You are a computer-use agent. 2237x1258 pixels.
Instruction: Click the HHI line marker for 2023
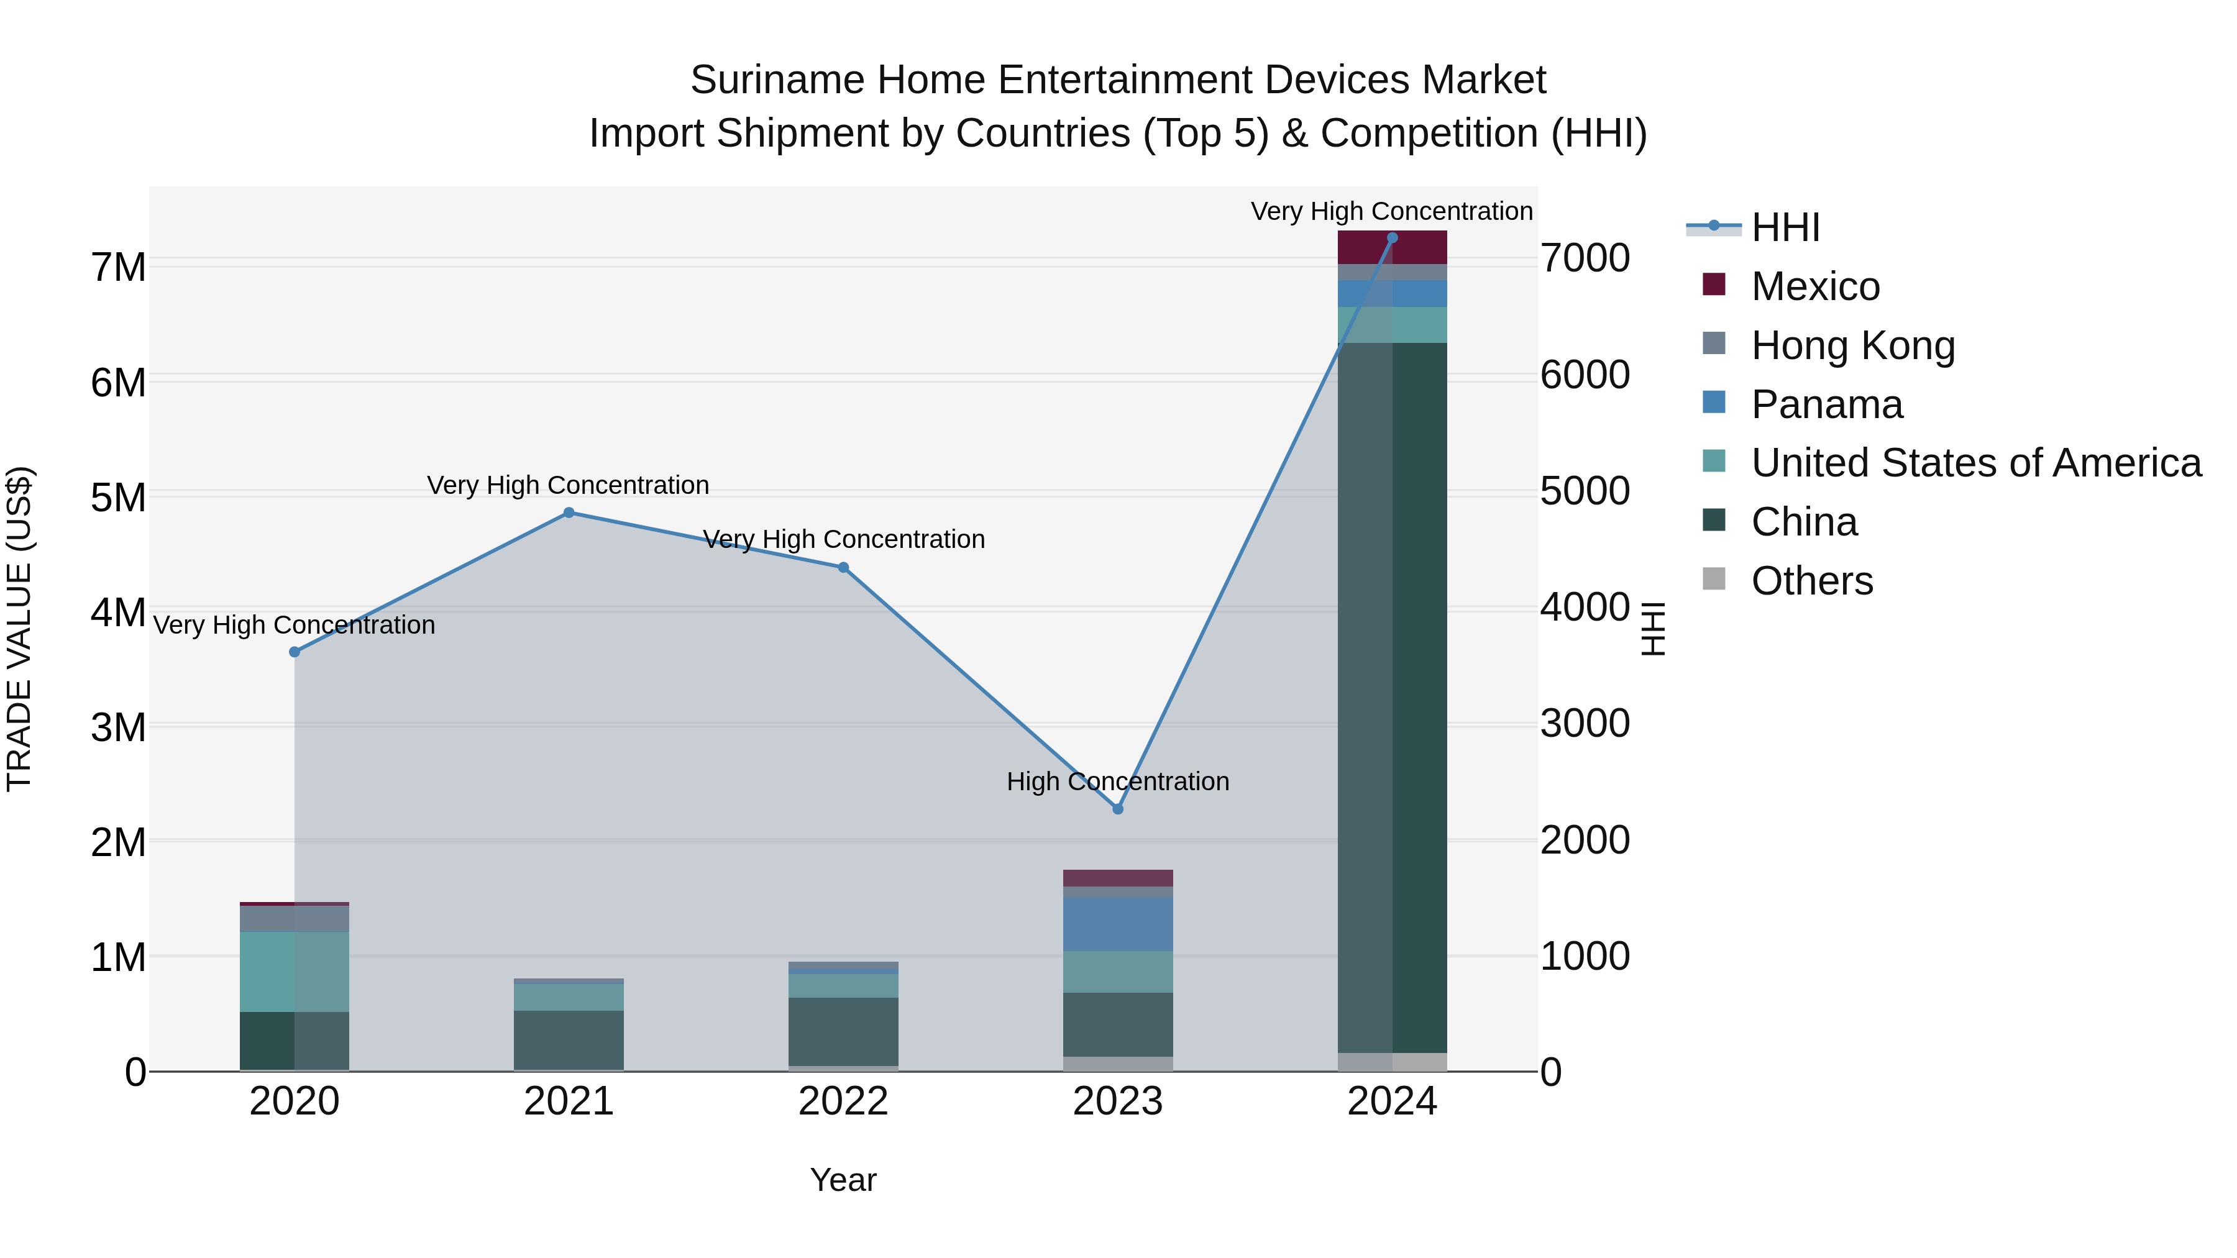1118,808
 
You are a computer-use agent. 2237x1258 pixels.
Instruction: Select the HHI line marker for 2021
569,513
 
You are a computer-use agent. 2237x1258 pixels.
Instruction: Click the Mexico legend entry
1815,286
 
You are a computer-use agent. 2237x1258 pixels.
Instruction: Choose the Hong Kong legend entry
1852,345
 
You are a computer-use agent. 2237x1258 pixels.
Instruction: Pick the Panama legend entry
1826,404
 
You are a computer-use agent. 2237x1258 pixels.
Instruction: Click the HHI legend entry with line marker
1785,227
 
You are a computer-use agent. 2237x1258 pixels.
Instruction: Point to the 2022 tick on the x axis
843,1101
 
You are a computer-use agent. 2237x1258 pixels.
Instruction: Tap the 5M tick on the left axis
118,498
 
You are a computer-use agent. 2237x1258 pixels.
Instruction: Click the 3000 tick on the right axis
1585,723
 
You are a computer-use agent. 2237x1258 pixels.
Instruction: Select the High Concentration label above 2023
1118,782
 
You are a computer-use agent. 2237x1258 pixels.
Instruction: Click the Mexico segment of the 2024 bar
1392,247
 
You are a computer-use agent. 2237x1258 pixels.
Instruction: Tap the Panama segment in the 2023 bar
1118,924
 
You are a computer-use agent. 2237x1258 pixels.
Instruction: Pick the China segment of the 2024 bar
1392,695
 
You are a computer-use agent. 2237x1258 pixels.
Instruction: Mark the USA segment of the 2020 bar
295,972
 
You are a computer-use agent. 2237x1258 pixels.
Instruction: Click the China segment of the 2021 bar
569,1039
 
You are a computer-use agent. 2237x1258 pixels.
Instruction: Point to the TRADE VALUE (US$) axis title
19,629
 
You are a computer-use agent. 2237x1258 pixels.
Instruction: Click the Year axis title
843,1180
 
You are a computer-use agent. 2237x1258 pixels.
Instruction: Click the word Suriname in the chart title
777,80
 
